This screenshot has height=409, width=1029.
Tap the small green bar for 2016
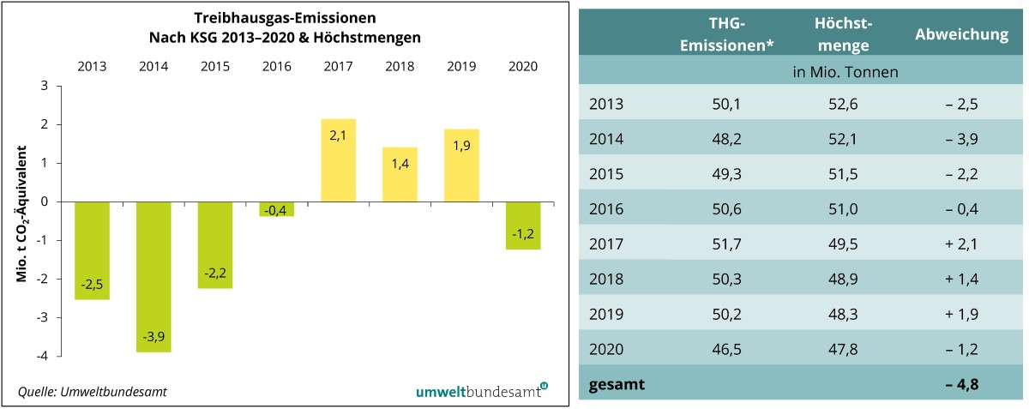(276, 209)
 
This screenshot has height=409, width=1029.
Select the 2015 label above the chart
(215, 65)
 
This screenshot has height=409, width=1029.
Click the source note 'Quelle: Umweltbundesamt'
(93, 392)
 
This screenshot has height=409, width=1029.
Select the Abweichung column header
(961, 35)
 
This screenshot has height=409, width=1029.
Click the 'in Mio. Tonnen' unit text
(845, 72)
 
